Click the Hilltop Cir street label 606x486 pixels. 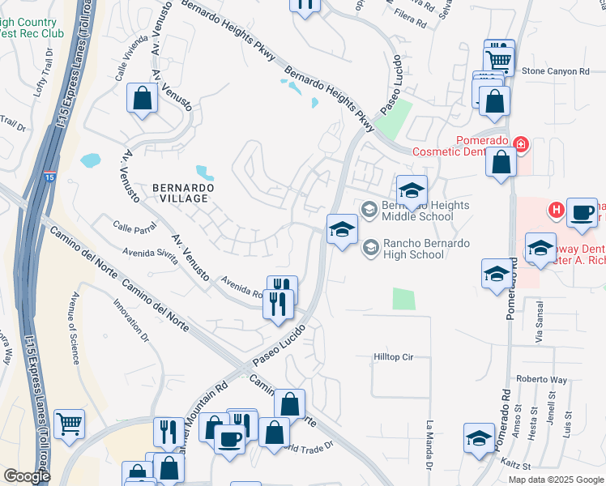click(x=394, y=356)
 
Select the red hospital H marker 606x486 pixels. click(x=556, y=211)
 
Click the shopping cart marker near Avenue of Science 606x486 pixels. click(x=69, y=423)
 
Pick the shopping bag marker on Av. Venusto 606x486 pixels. click(x=142, y=99)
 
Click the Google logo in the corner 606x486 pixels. click(x=27, y=476)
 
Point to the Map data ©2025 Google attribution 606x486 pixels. click(x=555, y=480)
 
